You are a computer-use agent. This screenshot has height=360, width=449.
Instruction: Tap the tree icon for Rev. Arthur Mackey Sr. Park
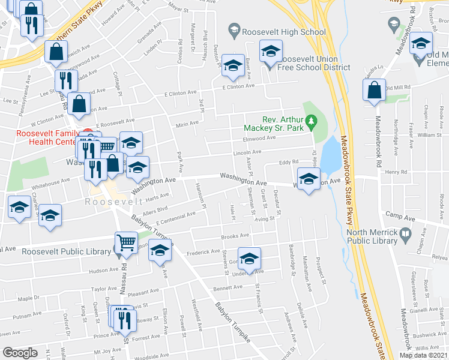[310, 124]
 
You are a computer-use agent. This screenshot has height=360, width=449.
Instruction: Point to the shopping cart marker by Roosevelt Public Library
[125, 242]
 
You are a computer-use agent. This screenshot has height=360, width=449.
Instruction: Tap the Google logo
[20, 353]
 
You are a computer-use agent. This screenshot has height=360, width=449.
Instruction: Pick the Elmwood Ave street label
[259, 138]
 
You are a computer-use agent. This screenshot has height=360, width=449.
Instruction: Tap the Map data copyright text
[423, 355]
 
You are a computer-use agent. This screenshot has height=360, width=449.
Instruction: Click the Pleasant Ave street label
[142, 293]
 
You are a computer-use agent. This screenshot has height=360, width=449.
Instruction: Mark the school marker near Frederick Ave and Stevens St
[249, 259]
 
